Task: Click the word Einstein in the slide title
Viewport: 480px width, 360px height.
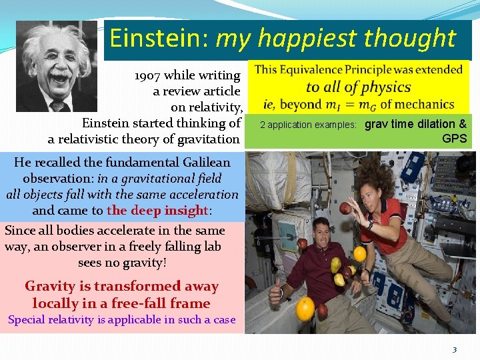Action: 157,39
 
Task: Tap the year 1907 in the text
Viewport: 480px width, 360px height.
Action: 147,75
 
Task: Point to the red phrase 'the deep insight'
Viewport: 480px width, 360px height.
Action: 157,211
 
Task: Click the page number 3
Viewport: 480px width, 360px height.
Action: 455,349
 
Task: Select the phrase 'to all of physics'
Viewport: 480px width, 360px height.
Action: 358,87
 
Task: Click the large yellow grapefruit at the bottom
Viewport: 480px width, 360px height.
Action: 305,309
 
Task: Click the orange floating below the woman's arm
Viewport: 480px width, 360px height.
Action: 359,253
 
